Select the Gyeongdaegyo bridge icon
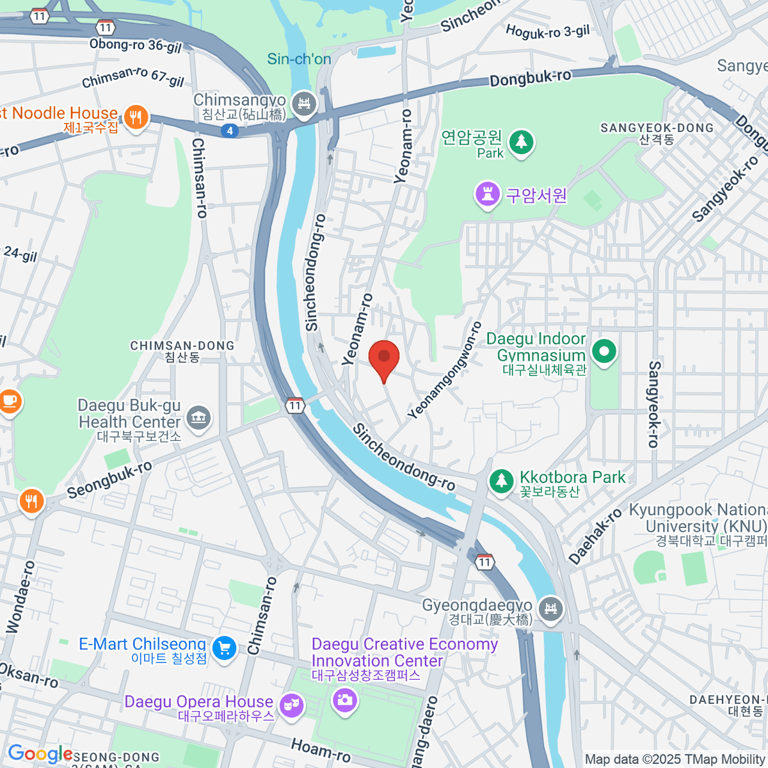pyautogui.click(x=550, y=609)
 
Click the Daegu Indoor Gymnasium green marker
pyautogui.click(x=604, y=351)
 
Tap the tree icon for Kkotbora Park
pyautogui.click(x=501, y=481)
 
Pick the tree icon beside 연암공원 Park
pyautogui.click(x=521, y=141)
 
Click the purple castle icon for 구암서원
pyautogui.click(x=488, y=195)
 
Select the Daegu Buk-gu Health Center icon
pyautogui.click(x=198, y=418)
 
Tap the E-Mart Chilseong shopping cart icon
pyautogui.click(x=224, y=648)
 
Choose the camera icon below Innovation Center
pyautogui.click(x=345, y=700)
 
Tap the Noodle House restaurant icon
pyautogui.click(x=135, y=118)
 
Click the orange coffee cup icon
pyautogui.click(x=9, y=402)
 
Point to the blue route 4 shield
pyautogui.click(x=230, y=131)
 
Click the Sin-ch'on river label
pyautogui.click(x=299, y=59)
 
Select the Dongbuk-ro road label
pyautogui.click(x=530, y=78)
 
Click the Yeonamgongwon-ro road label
pyautogui.click(x=444, y=371)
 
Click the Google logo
pyautogui.click(x=40, y=754)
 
